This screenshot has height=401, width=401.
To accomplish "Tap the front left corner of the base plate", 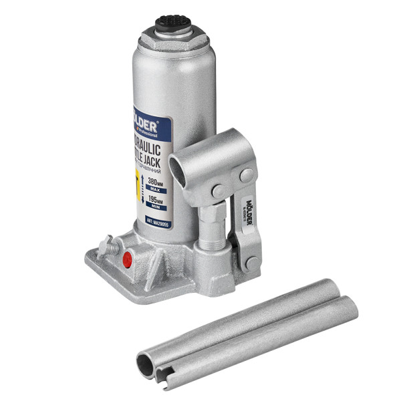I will [90, 257].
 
